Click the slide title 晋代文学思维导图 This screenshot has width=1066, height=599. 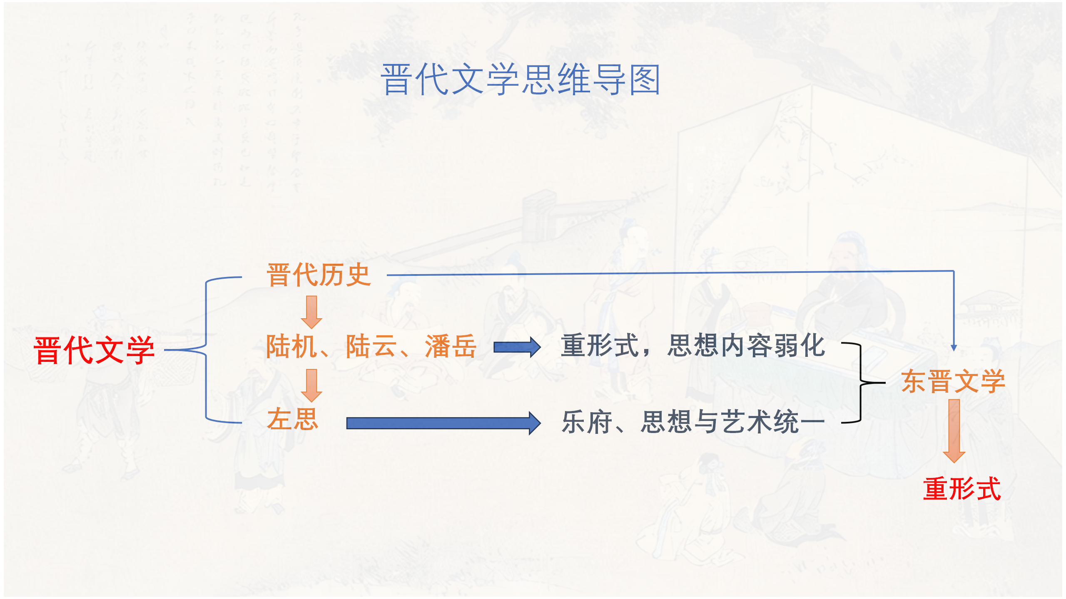(x=521, y=79)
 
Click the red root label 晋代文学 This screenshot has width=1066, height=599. (x=95, y=350)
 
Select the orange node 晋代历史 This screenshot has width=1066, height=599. (x=319, y=275)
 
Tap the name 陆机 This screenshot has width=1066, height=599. (x=291, y=346)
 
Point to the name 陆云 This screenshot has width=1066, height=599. (x=371, y=346)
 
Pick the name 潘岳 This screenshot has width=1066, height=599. (x=451, y=346)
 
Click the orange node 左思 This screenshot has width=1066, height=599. (x=293, y=419)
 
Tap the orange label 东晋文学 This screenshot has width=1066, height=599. (x=953, y=381)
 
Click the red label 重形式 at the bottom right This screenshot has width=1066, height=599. (x=962, y=488)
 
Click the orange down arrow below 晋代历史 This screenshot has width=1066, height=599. (x=311, y=312)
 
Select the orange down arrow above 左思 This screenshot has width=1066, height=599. (x=311, y=385)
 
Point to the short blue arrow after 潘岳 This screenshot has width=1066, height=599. (x=517, y=347)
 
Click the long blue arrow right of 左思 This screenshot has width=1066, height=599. (x=444, y=423)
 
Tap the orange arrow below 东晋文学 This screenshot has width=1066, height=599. (x=954, y=431)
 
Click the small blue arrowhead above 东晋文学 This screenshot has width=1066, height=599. (x=954, y=348)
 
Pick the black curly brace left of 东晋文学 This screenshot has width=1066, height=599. (x=861, y=383)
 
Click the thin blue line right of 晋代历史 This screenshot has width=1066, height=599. (x=670, y=273)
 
